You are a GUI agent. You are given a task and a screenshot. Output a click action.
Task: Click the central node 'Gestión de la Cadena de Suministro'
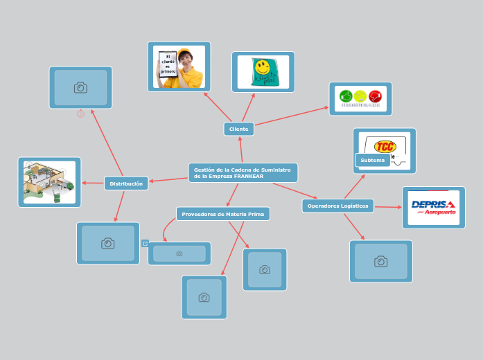tap(243, 172)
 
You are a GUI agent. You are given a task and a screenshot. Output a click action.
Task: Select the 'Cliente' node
tap(238, 129)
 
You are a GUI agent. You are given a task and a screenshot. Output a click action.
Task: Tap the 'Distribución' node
tap(126, 183)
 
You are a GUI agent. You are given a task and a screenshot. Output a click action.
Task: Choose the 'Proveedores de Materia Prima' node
tap(222, 214)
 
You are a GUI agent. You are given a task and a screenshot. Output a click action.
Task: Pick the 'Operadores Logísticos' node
tap(337, 206)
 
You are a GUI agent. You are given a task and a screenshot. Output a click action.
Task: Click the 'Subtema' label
tap(372, 160)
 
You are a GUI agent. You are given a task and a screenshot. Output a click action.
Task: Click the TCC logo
tap(385, 146)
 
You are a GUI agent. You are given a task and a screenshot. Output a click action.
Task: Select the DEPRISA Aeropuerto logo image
tap(433, 207)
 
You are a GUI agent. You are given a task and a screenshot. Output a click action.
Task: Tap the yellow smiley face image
tap(262, 68)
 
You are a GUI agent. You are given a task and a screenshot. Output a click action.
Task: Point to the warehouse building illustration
tap(49, 181)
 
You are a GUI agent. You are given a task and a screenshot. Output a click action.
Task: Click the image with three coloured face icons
tap(360, 98)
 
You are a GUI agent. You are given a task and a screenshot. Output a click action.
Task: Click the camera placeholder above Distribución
tap(80, 87)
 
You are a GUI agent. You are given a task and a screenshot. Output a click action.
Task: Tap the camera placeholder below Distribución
tap(107, 243)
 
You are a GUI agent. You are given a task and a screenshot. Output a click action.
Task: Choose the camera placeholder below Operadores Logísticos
tap(380, 261)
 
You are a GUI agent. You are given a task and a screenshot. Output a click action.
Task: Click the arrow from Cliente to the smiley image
tap(248, 107)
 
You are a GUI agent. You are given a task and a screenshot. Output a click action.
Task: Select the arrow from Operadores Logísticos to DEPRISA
tap(388, 206)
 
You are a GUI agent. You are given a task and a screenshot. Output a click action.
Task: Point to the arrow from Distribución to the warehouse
tap(93, 183)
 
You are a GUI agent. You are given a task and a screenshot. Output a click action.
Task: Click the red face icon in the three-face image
tap(376, 96)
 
